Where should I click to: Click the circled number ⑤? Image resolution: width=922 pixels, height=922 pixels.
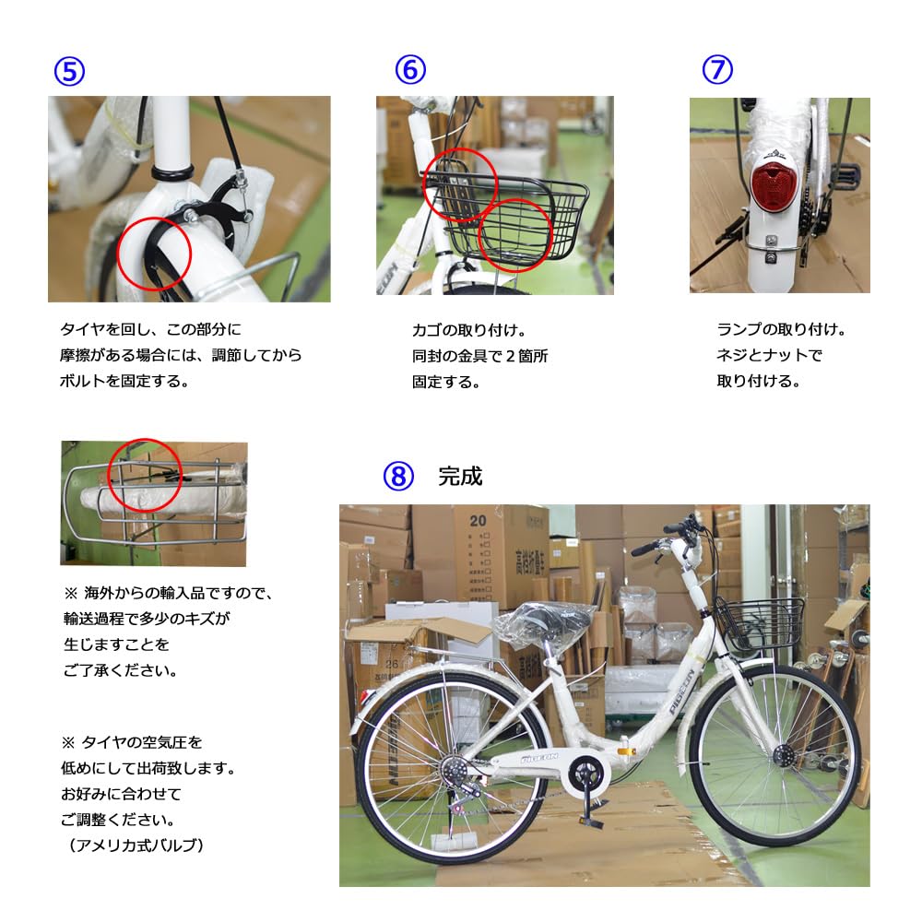point(69,71)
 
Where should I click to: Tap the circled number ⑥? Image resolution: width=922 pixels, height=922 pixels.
point(410,70)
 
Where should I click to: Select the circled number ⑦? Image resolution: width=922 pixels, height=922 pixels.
point(716,70)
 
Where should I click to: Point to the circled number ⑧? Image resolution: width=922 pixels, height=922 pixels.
point(397,476)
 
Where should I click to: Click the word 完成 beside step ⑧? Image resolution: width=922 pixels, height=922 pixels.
point(460,477)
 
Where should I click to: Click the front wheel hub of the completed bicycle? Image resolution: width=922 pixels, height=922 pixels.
point(785,756)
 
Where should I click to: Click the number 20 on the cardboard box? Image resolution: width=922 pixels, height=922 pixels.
point(477,520)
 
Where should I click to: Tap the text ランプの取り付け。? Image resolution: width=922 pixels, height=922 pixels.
point(781,329)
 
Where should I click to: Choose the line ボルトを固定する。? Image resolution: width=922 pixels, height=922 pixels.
point(124,380)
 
